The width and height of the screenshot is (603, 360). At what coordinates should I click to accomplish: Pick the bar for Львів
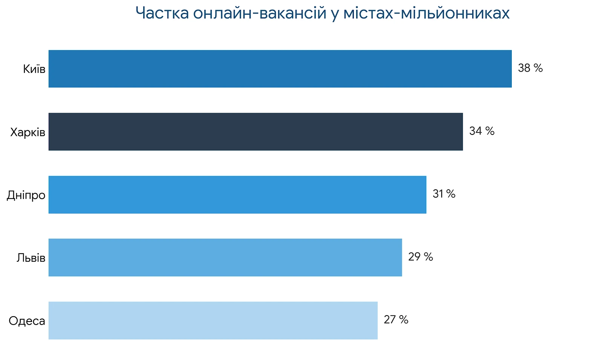pos(225,257)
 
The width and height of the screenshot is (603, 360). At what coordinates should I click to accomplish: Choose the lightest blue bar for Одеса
pos(213,320)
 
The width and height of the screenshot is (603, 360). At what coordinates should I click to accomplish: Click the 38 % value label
pos(530,68)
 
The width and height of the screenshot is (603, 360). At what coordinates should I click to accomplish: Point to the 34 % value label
pos(482,131)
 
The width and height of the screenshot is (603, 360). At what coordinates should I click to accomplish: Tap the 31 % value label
pos(444,194)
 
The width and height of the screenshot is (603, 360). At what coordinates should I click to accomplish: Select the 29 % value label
pos(421,257)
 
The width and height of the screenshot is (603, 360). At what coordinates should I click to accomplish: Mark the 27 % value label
pos(396,320)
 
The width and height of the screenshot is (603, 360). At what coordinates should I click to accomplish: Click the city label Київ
pos(34,69)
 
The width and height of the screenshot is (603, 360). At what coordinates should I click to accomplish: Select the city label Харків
pos(28,132)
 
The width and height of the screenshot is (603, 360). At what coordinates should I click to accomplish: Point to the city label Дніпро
pos(26,195)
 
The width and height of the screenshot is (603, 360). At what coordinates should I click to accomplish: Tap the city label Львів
pos(31,258)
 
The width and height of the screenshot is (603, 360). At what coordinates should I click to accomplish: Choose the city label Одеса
pos(27,321)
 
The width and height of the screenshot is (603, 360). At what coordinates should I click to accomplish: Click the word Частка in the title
pos(162,13)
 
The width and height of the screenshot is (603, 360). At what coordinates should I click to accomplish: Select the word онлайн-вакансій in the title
pos(259,13)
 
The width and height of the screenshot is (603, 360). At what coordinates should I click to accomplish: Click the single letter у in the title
pos(334,14)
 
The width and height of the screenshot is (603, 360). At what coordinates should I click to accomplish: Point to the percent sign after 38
pos(538,68)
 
